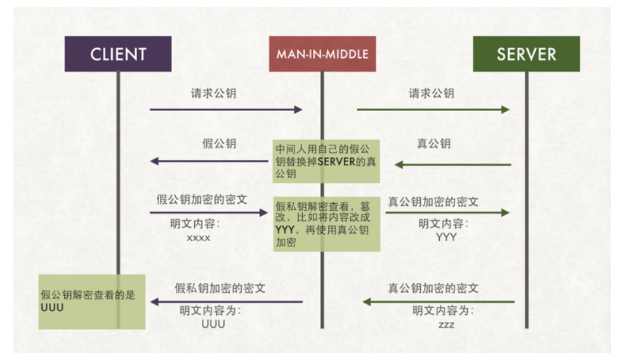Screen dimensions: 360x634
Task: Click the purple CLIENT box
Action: (118, 54)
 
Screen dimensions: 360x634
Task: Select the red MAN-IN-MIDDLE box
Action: (322, 54)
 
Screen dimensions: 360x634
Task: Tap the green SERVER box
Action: (526, 54)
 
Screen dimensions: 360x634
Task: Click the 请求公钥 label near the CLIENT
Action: (214, 93)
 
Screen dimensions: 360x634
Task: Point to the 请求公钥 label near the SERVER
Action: (431, 93)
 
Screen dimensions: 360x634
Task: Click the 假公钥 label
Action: (219, 144)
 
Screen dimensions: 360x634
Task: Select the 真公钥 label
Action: (433, 144)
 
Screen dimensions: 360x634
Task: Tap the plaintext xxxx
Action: (198, 238)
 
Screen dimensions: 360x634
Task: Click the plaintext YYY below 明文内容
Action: (446, 237)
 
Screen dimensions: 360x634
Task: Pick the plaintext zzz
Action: (446, 324)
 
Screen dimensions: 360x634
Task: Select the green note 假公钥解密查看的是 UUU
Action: (91, 301)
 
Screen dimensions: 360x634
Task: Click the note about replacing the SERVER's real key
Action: (326, 161)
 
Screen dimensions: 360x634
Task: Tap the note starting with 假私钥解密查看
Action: (326, 224)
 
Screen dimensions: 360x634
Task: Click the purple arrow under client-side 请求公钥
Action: (226, 110)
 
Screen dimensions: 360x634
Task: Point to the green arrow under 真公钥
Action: (452, 165)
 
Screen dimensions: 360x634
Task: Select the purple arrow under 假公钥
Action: (209, 161)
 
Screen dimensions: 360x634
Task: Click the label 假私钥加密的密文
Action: (220, 289)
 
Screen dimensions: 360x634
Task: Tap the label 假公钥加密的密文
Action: (202, 200)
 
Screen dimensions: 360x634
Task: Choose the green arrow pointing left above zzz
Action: (438, 302)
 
